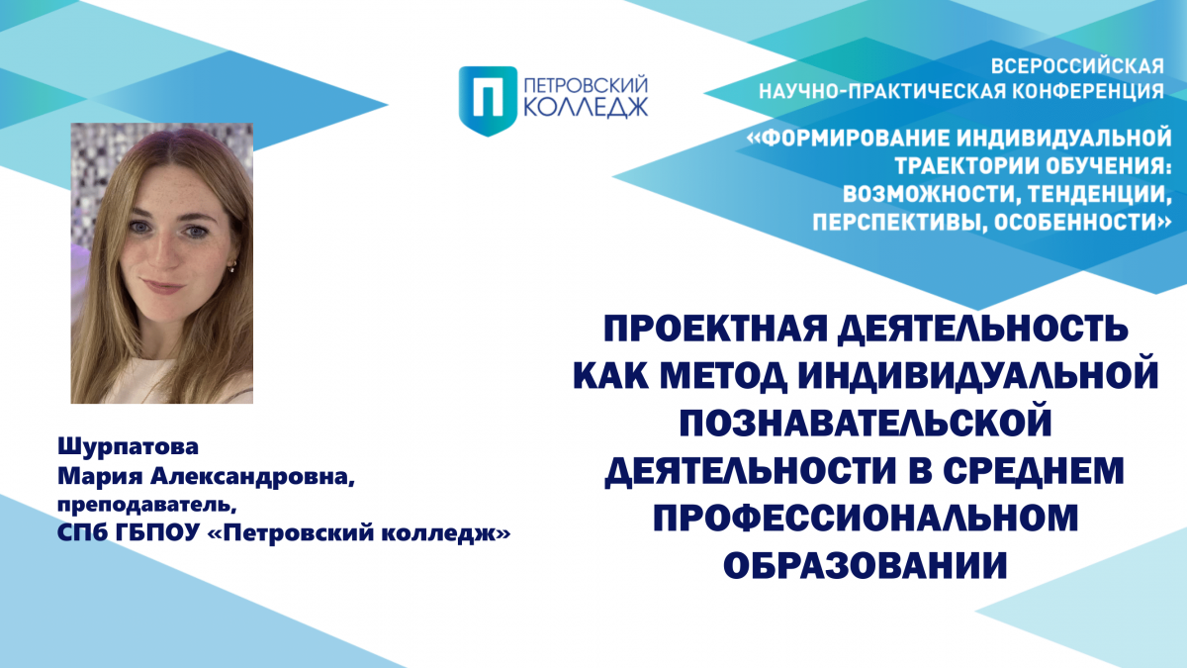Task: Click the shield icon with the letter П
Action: pyautogui.click(x=488, y=101)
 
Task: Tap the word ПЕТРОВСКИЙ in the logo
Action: pyautogui.click(x=586, y=85)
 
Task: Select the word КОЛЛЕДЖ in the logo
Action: pyautogui.click(x=586, y=107)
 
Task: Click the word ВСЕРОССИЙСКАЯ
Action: pyautogui.click(x=1077, y=67)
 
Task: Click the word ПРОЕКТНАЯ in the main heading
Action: pyautogui.click(x=715, y=329)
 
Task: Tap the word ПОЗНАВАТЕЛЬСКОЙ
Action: pyautogui.click(x=866, y=423)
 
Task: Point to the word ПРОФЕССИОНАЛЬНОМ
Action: pyautogui.click(x=866, y=517)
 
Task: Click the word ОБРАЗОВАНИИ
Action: pyautogui.click(x=866, y=564)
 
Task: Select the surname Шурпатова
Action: pyautogui.click(x=128, y=447)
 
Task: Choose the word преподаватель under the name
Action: pyautogui.click(x=146, y=506)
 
